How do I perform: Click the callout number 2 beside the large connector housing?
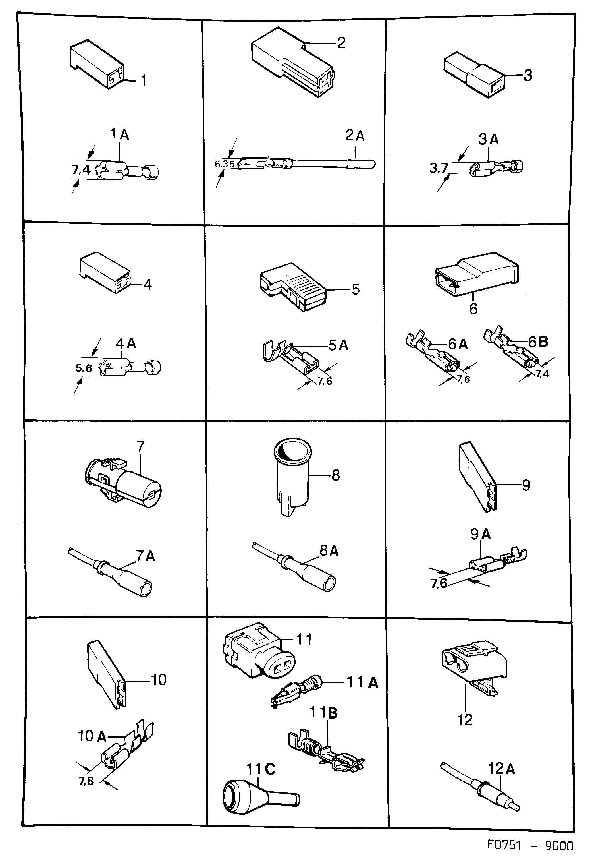(x=341, y=43)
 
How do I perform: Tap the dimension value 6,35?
(x=225, y=164)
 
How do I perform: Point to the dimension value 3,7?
(x=439, y=168)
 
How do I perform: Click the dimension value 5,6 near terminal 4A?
(x=84, y=368)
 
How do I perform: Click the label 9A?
(x=480, y=534)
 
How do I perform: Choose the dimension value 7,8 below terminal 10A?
(x=86, y=781)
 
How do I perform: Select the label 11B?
(x=323, y=713)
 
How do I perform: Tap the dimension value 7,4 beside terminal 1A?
(x=81, y=170)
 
